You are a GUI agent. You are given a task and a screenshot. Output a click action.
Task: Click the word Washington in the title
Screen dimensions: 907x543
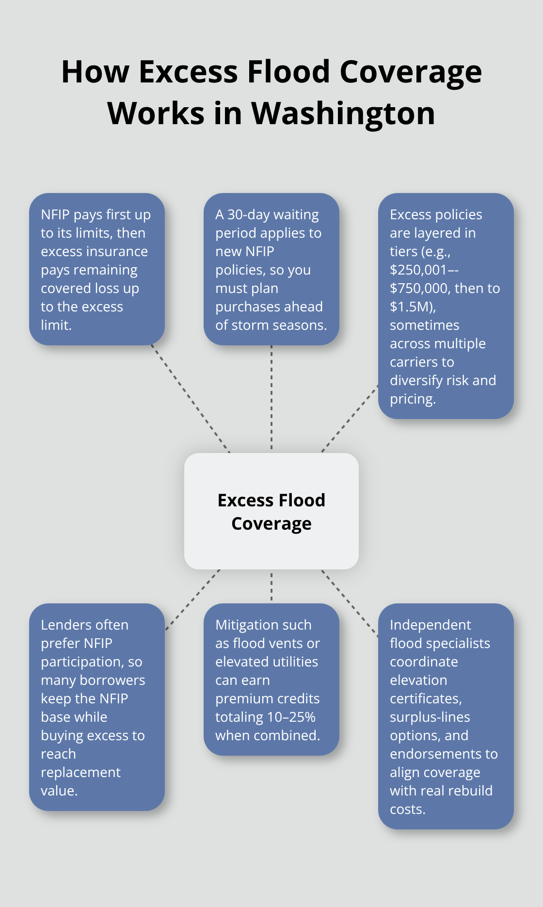(343, 114)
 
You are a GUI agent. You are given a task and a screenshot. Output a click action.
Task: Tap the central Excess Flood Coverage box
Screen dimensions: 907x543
(271, 511)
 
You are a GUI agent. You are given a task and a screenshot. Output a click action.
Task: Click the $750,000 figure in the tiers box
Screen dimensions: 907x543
(420, 288)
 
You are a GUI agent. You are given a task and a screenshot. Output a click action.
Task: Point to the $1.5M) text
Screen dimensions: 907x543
(413, 307)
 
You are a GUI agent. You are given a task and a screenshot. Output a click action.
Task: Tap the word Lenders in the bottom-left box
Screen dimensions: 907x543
(65, 625)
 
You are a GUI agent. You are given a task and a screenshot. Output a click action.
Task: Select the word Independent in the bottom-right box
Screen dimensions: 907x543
(430, 625)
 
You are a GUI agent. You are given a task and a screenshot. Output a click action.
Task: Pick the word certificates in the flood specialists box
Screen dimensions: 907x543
(425, 698)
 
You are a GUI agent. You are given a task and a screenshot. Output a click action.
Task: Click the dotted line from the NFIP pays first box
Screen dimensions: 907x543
(190, 399)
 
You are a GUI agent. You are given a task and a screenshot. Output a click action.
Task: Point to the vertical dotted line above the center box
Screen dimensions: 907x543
(271, 398)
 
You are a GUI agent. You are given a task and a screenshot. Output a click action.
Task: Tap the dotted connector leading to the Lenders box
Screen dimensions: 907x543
(192, 599)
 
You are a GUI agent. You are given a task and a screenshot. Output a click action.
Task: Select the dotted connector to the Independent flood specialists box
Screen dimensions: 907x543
(350, 602)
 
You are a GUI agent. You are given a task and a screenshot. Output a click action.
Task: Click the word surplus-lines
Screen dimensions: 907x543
(430, 717)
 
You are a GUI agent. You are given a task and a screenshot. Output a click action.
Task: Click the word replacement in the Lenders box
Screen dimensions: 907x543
(80, 772)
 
